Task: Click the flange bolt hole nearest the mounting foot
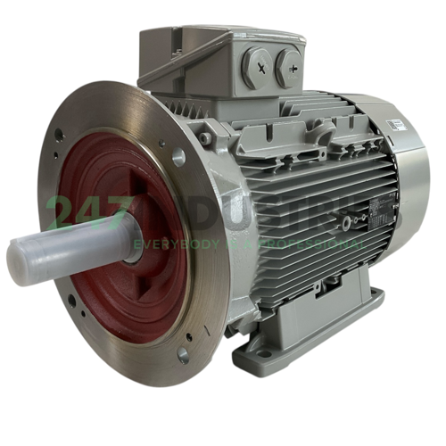coord(182,356)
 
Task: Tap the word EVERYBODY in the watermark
coord(169,243)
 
